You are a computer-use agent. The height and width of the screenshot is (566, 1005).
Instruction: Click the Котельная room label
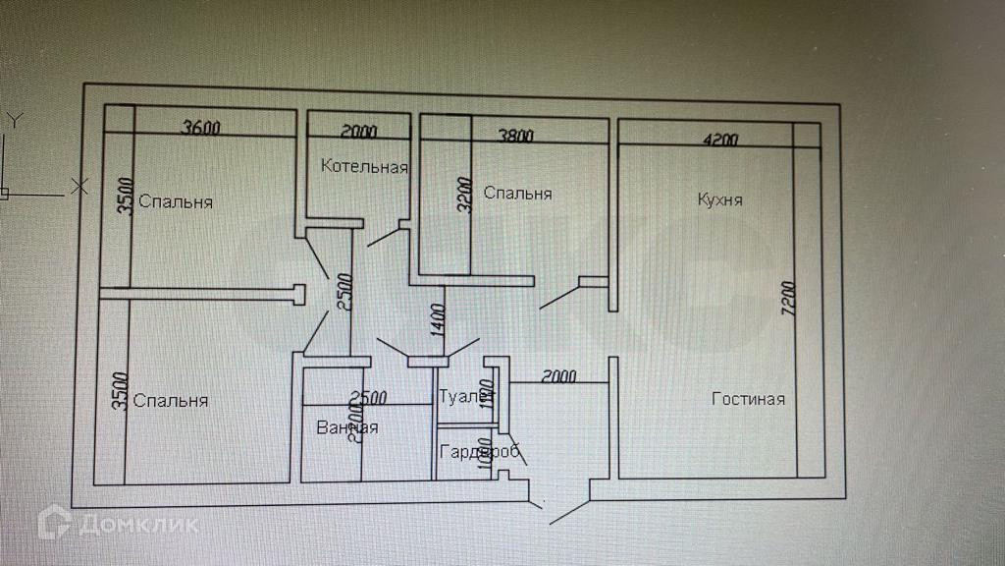coord(364,166)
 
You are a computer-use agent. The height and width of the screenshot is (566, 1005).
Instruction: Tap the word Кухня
coord(719,199)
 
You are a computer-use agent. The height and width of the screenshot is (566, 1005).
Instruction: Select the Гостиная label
coord(749,399)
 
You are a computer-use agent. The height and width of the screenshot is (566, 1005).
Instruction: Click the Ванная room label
coord(346,427)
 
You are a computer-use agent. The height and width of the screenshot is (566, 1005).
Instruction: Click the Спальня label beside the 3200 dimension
coord(518,194)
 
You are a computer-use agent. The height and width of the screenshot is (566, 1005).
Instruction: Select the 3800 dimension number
coord(515,137)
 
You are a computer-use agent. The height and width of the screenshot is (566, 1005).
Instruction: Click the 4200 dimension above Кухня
coord(720,141)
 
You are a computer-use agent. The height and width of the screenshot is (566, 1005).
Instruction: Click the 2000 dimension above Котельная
coord(358,132)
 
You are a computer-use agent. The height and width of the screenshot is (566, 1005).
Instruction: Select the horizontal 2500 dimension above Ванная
coord(368,398)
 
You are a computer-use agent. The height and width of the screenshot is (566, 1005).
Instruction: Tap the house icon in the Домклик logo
coord(54,523)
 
